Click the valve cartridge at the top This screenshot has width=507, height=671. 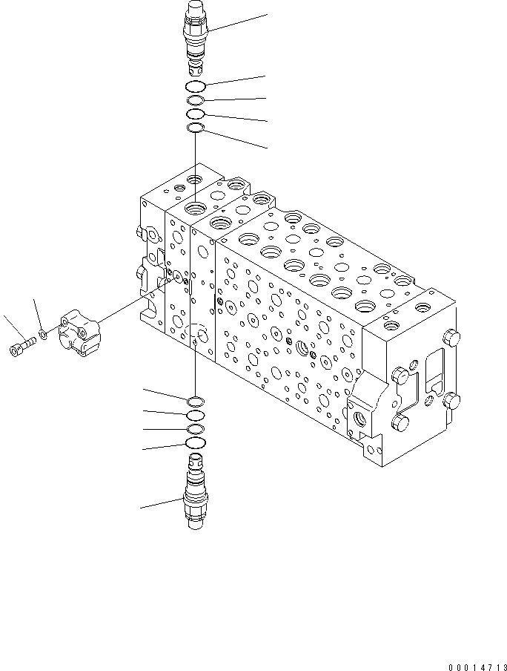click(195, 37)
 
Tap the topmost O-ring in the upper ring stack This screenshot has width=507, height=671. click(196, 87)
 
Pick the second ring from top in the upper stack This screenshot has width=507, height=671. click(195, 101)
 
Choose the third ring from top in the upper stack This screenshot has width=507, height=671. click(195, 114)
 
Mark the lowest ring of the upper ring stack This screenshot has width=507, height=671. click(195, 129)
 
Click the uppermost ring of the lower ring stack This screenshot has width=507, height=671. click(195, 402)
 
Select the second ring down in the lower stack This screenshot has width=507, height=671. click(195, 415)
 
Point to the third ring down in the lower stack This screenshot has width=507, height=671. click(195, 430)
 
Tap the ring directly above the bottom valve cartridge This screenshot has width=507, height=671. click(195, 444)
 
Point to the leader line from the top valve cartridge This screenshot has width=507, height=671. click(237, 22)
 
